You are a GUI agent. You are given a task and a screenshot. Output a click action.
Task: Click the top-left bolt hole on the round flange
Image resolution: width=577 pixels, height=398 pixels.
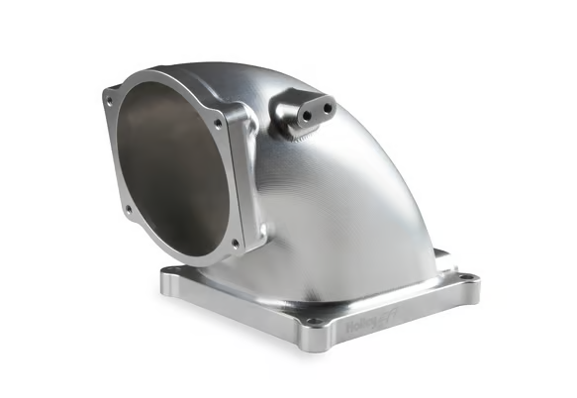[x=110, y=95]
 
